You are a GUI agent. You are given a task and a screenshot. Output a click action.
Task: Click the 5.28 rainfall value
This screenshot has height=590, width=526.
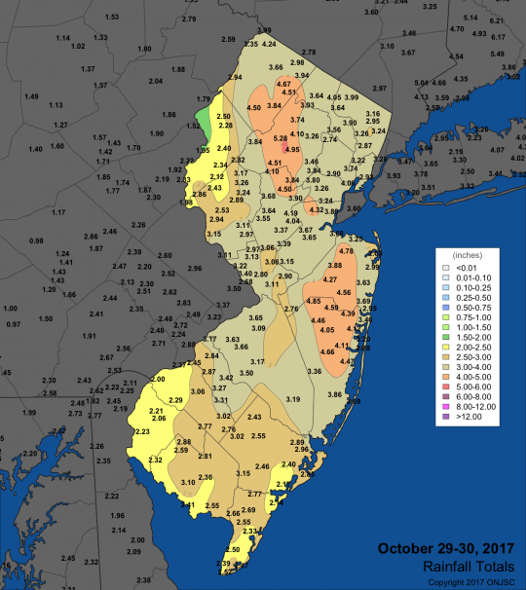(280, 139)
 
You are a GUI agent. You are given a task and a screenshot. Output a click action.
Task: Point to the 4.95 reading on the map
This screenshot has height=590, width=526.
(291, 150)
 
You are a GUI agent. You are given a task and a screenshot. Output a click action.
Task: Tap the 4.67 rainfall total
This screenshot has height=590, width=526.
(284, 85)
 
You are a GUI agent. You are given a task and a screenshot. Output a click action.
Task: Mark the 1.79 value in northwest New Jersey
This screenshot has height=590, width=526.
(204, 99)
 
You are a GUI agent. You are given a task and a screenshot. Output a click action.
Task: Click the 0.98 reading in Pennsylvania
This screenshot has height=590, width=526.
(37, 240)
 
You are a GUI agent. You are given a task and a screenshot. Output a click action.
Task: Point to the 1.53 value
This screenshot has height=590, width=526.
(111, 18)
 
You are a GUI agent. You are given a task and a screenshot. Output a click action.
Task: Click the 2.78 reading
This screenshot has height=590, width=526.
(309, 52)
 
